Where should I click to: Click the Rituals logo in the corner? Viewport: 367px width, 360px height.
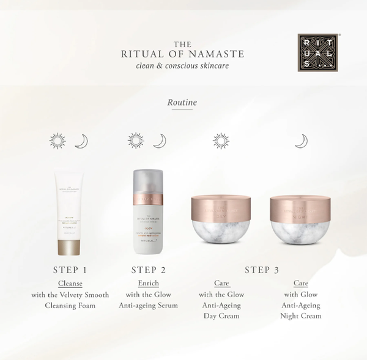click(x=317, y=53)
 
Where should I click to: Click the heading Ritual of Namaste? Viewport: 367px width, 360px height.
click(x=183, y=54)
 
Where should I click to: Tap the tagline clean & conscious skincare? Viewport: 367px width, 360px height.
click(x=183, y=65)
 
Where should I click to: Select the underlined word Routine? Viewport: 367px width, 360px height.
click(x=182, y=103)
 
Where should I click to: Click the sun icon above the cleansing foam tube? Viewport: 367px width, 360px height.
click(x=57, y=141)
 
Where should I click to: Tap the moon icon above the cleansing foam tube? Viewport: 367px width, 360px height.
click(x=81, y=141)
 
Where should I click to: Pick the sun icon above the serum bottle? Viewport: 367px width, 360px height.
click(x=136, y=141)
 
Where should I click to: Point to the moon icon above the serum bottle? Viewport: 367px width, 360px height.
click(x=159, y=141)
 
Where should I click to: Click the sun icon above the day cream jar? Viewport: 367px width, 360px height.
click(x=221, y=141)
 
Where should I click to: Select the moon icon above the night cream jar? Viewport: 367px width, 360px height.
click(x=301, y=141)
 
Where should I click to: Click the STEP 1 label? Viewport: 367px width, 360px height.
click(x=70, y=270)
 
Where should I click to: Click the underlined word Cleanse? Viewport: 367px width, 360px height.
click(x=70, y=284)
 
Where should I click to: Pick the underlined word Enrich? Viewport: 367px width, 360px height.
click(x=150, y=284)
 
